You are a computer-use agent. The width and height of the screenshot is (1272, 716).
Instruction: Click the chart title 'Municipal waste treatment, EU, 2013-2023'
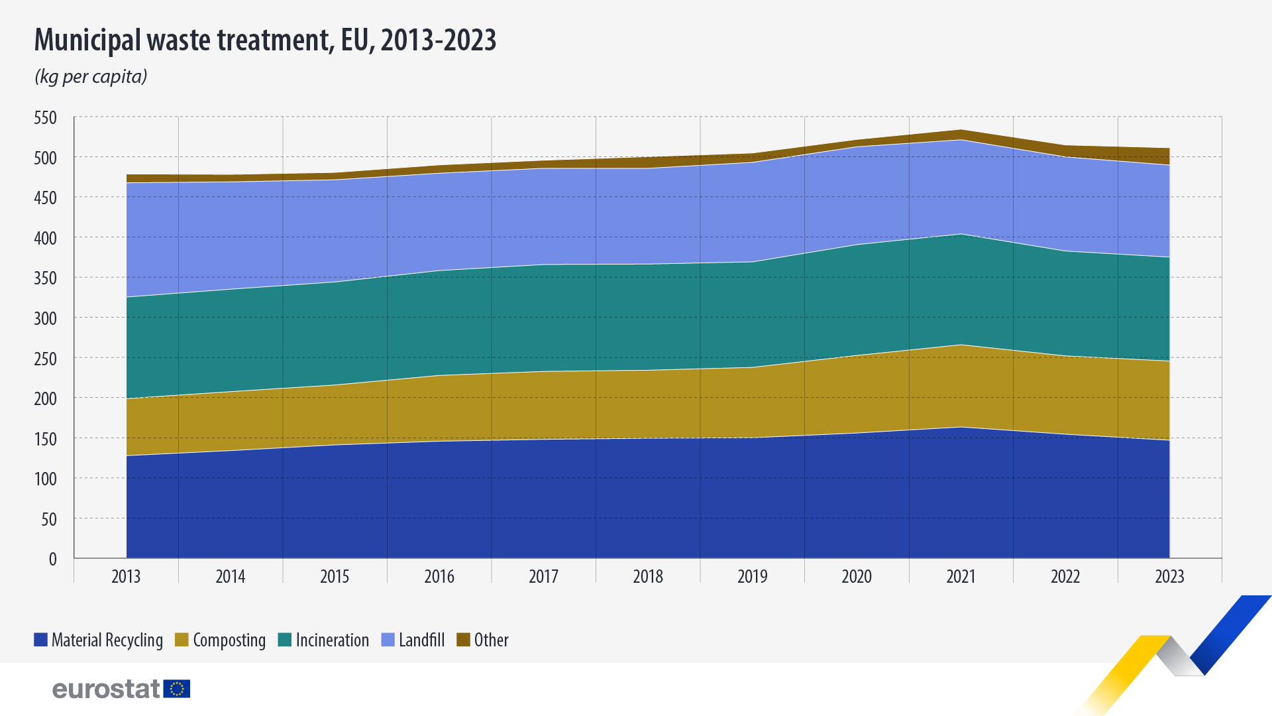click(x=265, y=40)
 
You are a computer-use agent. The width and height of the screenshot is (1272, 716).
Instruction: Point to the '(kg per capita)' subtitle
click(x=91, y=77)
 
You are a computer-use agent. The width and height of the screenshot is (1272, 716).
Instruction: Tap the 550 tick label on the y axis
click(x=46, y=118)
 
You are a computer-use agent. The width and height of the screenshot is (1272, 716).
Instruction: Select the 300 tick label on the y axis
click(x=46, y=319)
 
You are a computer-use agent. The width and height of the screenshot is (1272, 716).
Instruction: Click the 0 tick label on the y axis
click(x=52, y=560)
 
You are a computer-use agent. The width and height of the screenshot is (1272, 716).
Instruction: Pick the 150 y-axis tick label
click(x=46, y=440)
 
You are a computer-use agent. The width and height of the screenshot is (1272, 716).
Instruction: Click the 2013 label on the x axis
click(x=126, y=577)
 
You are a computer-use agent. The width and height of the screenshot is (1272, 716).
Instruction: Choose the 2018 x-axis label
click(x=648, y=577)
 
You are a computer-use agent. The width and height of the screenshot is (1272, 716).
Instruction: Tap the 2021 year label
click(x=961, y=577)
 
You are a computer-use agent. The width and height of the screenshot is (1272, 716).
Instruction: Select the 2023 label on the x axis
click(x=1169, y=577)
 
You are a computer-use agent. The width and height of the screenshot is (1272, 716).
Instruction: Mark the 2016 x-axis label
click(x=439, y=577)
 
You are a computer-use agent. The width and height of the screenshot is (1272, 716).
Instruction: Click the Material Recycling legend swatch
click(x=40, y=640)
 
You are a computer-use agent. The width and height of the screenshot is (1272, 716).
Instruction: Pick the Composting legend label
click(x=229, y=640)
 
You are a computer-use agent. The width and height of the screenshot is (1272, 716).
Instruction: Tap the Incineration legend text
click(x=333, y=640)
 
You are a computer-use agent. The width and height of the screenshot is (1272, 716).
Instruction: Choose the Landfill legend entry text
click(x=422, y=640)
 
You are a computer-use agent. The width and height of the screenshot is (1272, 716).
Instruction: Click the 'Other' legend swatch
click(x=463, y=640)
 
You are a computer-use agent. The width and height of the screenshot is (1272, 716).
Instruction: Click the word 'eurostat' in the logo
click(x=106, y=689)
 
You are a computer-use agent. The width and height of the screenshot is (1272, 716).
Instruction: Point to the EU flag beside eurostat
click(x=177, y=689)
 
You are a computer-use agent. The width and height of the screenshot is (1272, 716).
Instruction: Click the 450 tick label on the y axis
click(x=46, y=198)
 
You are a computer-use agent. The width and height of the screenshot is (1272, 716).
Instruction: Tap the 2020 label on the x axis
click(x=857, y=577)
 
